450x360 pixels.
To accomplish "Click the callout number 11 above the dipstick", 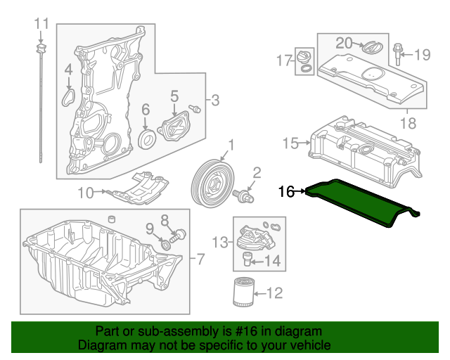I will [x=41, y=23].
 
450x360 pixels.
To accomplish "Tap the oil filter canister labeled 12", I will [x=243, y=292].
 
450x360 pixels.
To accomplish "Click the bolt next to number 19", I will [x=398, y=53].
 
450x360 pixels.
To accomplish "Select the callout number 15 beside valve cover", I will [x=290, y=144].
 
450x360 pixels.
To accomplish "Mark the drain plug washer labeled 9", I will [x=166, y=244].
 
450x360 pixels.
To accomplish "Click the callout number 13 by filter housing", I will [x=220, y=243].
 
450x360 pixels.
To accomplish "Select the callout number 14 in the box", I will [x=272, y=262].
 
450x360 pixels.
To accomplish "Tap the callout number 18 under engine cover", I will [x=408, y=124].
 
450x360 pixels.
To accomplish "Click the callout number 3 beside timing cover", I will [x=215, y=100].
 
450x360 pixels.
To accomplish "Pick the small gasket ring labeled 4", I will [x=69, y=95].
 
